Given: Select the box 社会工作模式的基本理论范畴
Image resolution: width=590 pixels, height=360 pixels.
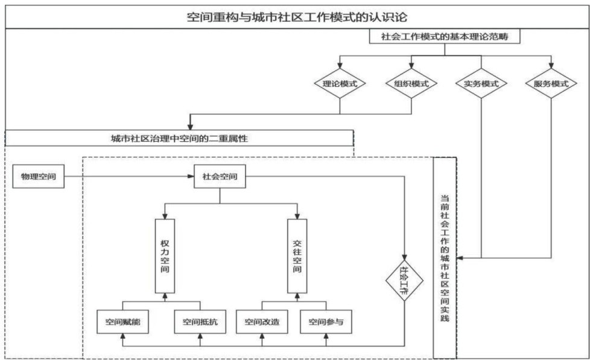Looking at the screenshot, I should [444, 37].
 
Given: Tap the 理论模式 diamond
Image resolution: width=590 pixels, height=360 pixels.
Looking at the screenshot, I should [340, 84].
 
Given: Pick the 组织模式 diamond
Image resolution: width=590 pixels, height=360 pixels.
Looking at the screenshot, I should [411, 84].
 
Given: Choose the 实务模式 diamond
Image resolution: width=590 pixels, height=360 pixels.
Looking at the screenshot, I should [481, 84].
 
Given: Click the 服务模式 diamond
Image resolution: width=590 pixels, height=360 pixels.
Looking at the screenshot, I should [551, 84].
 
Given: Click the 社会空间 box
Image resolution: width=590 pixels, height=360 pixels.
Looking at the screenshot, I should [219, 177].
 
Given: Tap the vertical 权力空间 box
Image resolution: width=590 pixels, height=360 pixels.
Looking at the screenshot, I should [165, 256].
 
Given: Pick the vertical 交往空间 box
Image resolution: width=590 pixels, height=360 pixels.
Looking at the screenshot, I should [297, 256].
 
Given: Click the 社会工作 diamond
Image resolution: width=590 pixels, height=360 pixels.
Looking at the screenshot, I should [405, 279].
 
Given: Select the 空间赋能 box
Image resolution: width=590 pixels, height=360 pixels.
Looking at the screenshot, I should [122, 322].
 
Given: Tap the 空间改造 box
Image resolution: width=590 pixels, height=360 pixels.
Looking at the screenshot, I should [261, 322].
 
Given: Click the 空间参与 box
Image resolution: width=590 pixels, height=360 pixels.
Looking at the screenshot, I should [326, 322].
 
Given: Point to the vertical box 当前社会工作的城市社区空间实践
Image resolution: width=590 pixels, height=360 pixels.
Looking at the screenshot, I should [445, 256].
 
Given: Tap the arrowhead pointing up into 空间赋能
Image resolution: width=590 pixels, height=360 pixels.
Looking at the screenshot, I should [122, 337].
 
